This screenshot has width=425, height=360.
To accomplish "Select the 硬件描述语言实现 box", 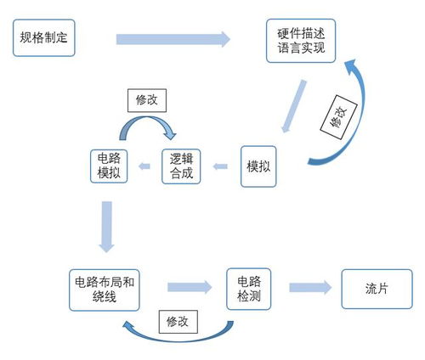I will [301, 41].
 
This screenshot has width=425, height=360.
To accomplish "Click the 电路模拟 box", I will [109, 166].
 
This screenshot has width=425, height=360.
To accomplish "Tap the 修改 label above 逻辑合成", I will [147, 99].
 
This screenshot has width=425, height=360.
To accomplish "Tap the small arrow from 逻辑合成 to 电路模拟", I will [145, 166].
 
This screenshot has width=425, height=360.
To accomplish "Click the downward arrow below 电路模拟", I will [107, 225].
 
